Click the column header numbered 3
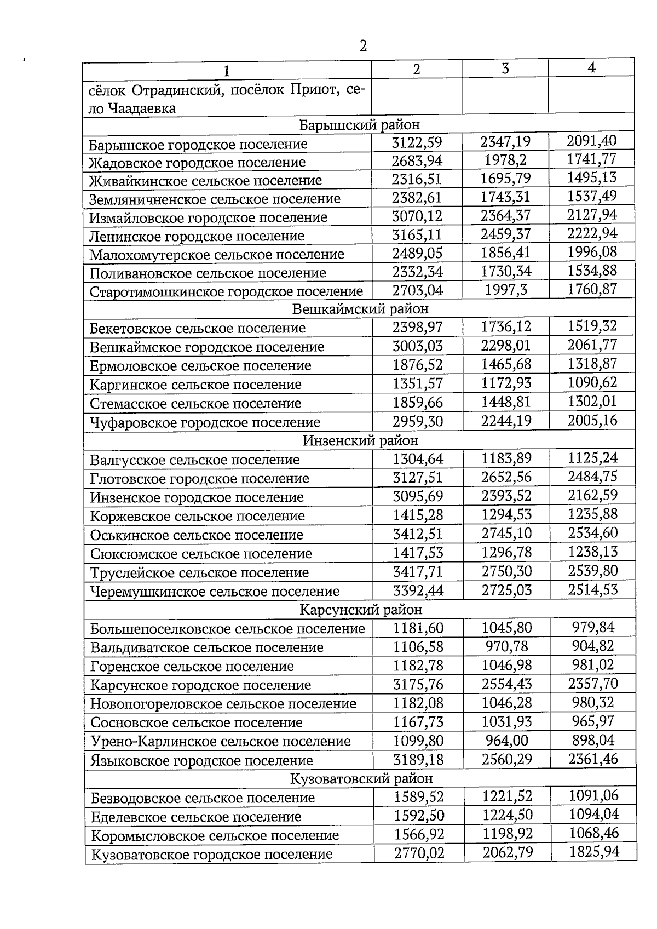click(x=505, y=68)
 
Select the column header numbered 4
click(x=591, y=67)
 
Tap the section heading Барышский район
click(x=359, y=125)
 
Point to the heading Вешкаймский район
click(x=360, y=309)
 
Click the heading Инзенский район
click(x=360, y=440)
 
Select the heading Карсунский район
click(x=361, y=610)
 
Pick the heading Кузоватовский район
click(x=361, y=778)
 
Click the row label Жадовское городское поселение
click(x=198, y=163)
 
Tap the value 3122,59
click(x=417, y=143)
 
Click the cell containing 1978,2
click(x=505, y=160)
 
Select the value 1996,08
click(x=592, y=252)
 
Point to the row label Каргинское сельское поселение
click(x=195, y=385)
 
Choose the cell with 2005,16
click(x=592, y=420)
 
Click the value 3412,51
click(x=418, y=534)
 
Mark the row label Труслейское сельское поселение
click(x=199, y=573)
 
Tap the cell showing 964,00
click(x=506, y=741)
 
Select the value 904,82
click(x=593, y=646)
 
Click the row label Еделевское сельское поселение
click(x=196, y=817)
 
